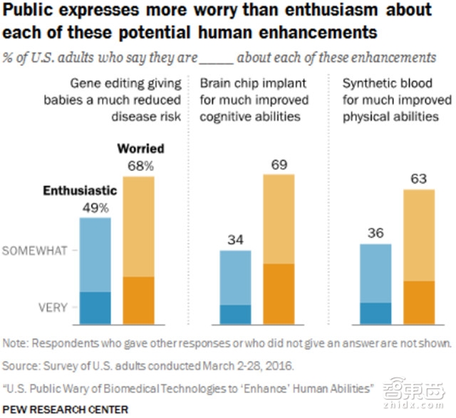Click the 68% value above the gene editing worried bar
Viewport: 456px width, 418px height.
139,166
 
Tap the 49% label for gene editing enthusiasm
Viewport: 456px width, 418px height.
95,208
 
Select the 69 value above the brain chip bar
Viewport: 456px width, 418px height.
279,166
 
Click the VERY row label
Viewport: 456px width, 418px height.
53,308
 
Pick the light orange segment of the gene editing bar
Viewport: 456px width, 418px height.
139,226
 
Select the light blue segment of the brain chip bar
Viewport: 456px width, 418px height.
234,278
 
